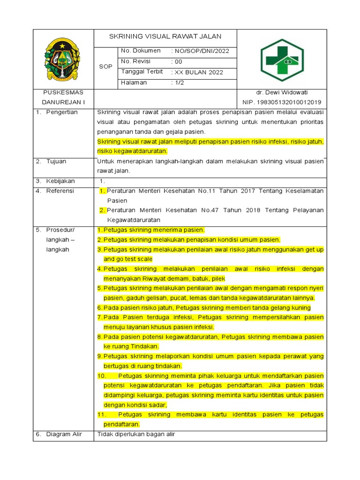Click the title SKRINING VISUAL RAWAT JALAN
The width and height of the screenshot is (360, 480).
pyautogui.click(x=165, y=37)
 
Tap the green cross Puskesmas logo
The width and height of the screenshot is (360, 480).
pyautogui.click(x=282, y=60)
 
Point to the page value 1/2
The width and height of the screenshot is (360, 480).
pyautogui.click(x=178, y=83)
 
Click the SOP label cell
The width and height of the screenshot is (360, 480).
pyautogui.click(x=105, y=67)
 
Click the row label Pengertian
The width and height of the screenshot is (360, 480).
pyautogui.click(x=62, y=112)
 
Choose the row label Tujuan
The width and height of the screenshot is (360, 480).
pyautogui.click(x=56, y=161)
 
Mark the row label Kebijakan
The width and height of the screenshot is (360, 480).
pyautogui.click(x=60, y=181)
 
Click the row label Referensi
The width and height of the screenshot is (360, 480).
pyautogui.click(x=60, y=191)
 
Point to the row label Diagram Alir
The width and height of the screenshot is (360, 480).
pyautogui.click(x=64, y=434)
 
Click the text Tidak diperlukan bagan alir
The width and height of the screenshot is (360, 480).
pyautogui.click(x=136, y=434)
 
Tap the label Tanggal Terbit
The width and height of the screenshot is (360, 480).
pyautogui.click(x=142, y=72)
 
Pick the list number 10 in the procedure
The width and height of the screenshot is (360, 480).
pyautogui.click(x=102, y=376)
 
